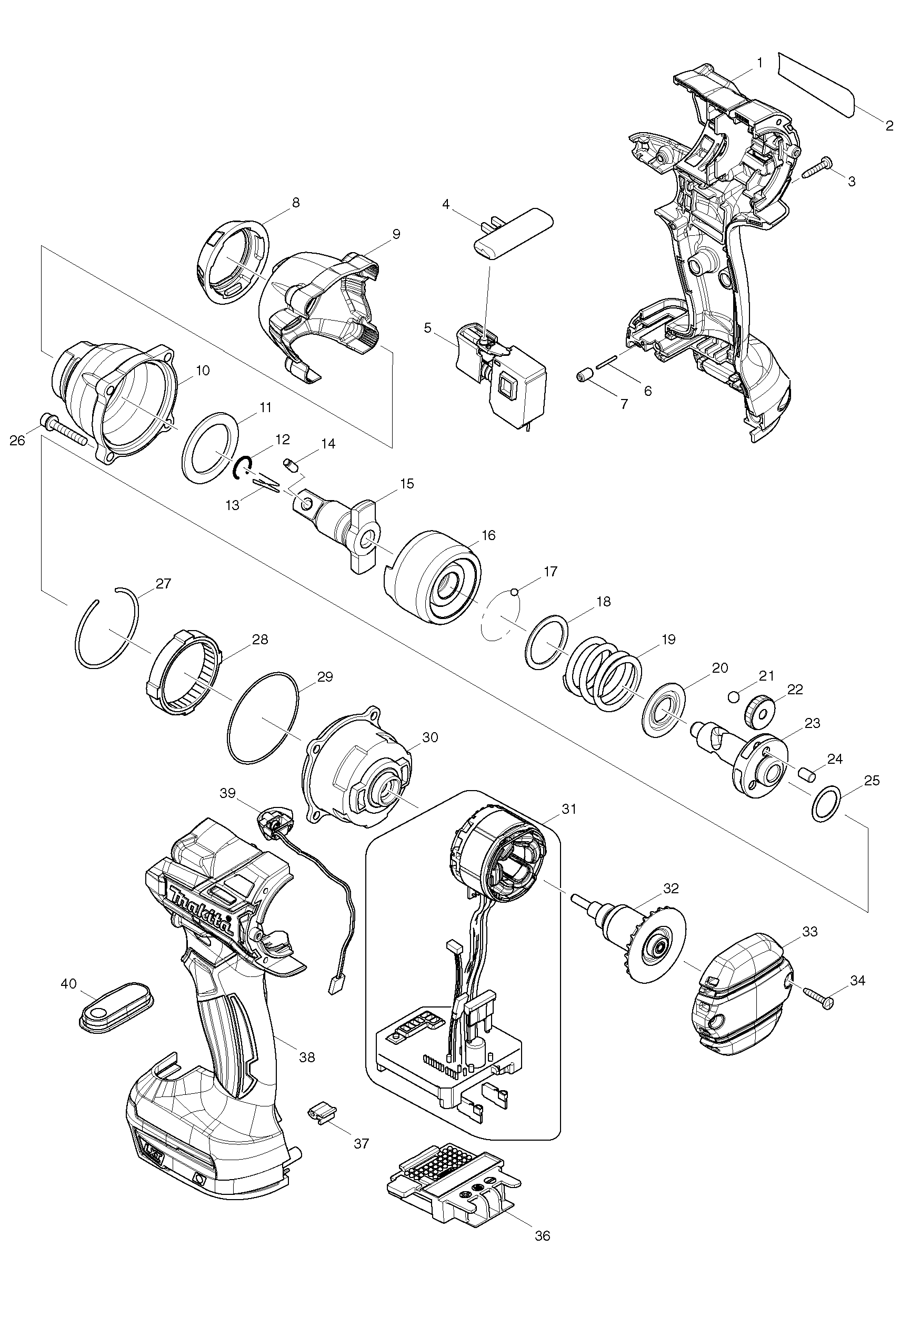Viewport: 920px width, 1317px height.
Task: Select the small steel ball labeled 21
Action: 733,696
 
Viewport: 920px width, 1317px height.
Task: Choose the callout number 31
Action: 568,809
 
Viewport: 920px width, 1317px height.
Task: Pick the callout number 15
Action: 407,484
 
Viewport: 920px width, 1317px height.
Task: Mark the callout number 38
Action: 307,1056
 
